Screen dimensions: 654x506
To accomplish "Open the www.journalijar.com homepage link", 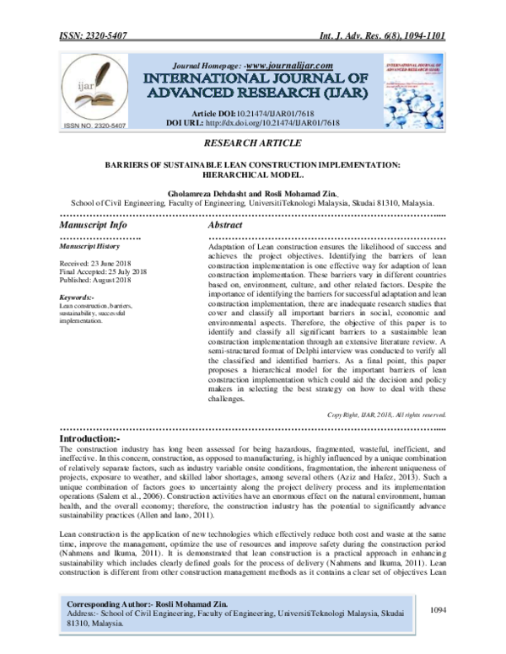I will [288, 66].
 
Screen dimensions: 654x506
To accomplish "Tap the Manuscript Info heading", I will [93, 226].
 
